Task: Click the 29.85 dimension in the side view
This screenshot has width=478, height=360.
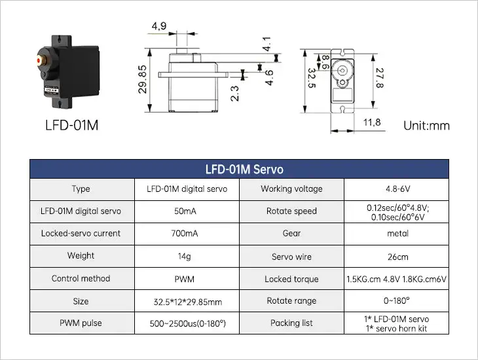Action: pos(142,80)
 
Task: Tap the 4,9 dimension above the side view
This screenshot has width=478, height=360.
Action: pos(158,26)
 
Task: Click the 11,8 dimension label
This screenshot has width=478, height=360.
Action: pos(372,122)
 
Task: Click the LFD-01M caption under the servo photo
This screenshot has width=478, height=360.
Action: pos(72,125)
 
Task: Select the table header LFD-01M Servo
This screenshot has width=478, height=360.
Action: pos(244,169)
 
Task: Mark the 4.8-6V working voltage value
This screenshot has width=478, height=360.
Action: pos(397,189)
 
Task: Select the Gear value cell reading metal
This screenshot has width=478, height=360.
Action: pos(397,234)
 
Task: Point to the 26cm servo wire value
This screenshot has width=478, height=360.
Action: pos(397,257)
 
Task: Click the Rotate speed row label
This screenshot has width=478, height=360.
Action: pos(291,211)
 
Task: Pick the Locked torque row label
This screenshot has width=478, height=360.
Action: pos(291,279)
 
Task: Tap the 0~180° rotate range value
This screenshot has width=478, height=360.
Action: pos(397,301)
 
